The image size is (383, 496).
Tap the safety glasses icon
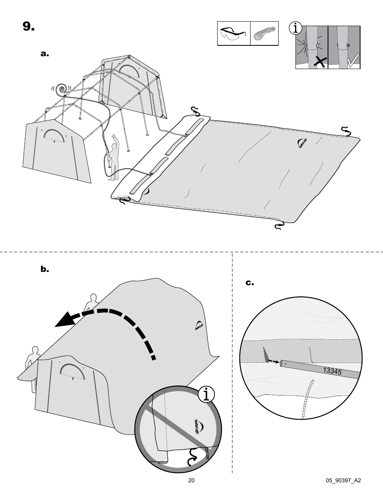click(x=234, y=33)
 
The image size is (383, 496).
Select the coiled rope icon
click(x=265, y=34)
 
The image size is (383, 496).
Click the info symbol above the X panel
click(x=296, y=28)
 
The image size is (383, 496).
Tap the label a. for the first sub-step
click(x=44, y=53)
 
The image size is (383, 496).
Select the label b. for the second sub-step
click(x=44, y=269)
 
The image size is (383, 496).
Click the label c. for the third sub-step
click(x=250, y=283)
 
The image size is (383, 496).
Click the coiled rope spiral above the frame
click(x=62, y=89)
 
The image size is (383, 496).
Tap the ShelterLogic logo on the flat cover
click(x=302, y=143)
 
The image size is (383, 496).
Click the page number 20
click(x=191, y=480)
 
